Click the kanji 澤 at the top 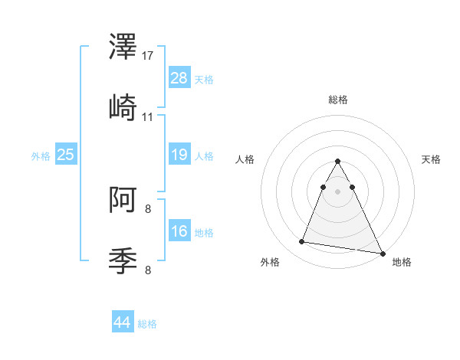tap(123, 48)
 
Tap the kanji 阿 tap(123, 201)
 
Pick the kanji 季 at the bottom tap(123, 260)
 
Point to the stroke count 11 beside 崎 tap(148, 117)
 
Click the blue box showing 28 tap(179, 78)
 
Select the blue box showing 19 tap(179, 155)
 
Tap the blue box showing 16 tap(179, 231)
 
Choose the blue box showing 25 tap(65, 155)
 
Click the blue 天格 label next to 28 tap(203, 80)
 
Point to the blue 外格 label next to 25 tap(41, 156)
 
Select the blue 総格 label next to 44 tap(147, 324)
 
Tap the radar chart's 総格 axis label tap(338, 100)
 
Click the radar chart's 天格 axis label tap(432, 159)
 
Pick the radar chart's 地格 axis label tap(402, 263)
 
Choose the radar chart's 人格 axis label tap(245, 159)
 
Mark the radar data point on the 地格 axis tap(383, 254)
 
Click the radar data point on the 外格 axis tap(302, 242)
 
